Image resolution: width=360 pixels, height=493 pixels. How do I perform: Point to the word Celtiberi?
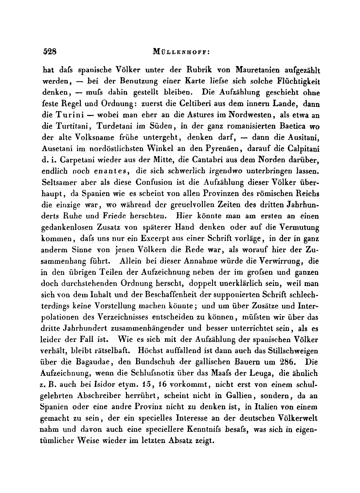coord(192,104)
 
